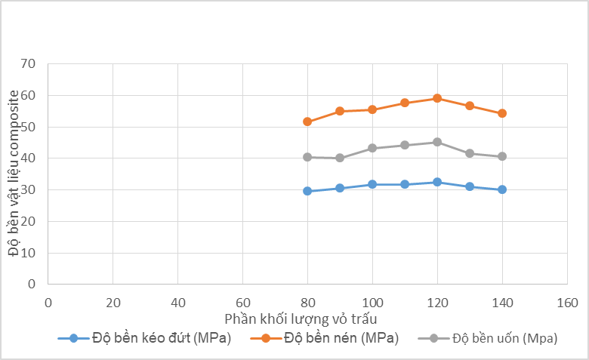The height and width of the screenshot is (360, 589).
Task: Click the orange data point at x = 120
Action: tap(437, 98)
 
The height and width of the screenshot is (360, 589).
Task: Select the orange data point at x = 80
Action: tap(307, 122)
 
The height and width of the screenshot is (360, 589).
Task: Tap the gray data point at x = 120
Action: tap(437, 142)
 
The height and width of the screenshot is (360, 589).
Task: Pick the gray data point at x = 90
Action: tap(340, 158)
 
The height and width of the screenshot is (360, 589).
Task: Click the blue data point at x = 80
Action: tap(307, 191)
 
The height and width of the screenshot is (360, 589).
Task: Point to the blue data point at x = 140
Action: tap(502, 189)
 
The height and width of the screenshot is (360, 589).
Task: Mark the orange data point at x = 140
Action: tap(502, 113)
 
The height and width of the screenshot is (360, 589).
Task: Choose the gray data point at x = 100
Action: tap(372, 148)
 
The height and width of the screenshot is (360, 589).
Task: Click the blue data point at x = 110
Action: tap(405, 184)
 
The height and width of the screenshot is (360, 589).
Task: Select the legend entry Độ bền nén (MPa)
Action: tap(341, 338)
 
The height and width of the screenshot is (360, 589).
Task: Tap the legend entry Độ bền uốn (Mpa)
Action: tap(504, 338)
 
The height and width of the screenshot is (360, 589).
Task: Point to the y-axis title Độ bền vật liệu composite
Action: tap(14, 173)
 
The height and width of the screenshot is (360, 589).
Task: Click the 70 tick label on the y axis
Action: tap(29, 63)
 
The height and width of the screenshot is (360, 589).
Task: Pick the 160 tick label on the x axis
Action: tap(566, 302)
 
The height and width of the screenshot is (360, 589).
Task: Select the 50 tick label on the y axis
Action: tap(29, 127)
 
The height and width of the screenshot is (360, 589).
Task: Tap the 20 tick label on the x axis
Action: tap(113, 302)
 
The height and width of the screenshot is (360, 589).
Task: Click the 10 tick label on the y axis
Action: tap(29, 253)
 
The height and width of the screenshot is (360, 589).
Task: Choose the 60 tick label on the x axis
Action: tap(242, 302)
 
